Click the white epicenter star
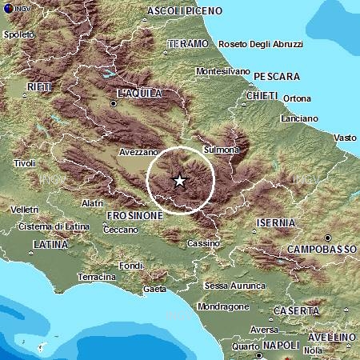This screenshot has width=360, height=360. click(180, 181)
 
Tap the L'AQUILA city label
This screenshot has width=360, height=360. click(139, 94)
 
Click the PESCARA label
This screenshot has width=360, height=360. click(277, 76)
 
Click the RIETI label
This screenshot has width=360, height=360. click(38, 86)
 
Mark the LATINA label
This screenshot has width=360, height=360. click(50, 244)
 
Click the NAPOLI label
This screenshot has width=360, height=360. click(281, 345)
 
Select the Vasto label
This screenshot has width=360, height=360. click(345, 138)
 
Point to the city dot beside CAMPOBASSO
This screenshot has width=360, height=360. click(327, 238)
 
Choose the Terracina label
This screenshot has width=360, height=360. click(97, 277)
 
